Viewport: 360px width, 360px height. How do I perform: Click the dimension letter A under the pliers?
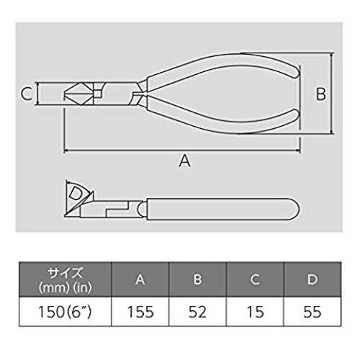pos(184,161)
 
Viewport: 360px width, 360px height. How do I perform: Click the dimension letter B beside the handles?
pos(321,94)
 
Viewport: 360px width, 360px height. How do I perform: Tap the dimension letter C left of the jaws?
pos(27,94)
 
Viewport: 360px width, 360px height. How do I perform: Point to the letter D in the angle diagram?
pos(76,194)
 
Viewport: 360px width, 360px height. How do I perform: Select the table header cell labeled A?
pos(140,279)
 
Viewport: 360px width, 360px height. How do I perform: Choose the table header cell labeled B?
pos(197,279)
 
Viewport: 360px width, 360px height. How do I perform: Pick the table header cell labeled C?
pos(255,279)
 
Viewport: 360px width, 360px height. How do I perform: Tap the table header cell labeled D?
pos(312,279)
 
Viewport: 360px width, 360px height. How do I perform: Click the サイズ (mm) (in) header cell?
pos(66,279)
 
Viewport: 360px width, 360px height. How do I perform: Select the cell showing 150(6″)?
pos(66,312)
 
